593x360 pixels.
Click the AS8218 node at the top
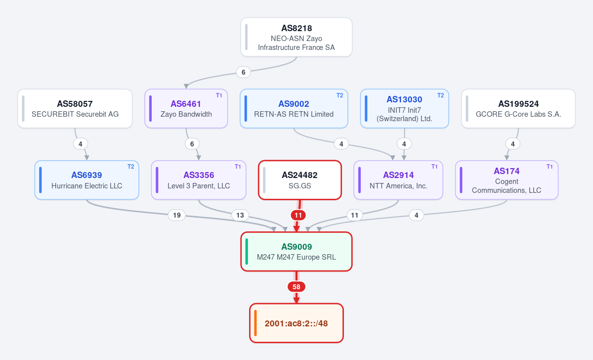[296, 37]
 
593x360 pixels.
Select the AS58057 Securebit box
[75, 109]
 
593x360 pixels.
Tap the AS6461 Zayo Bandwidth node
[186, 109]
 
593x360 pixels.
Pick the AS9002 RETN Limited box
[294, 109]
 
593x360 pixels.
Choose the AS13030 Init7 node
[405, 109]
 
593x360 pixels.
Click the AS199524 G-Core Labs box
[518, 109]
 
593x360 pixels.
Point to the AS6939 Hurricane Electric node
[87, 180]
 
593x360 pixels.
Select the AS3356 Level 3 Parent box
[199, 180]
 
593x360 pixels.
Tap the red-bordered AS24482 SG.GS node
[300, 180]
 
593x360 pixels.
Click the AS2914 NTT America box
[398, 180]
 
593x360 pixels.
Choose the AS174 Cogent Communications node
[507, 180]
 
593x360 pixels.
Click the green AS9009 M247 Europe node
[296, 252]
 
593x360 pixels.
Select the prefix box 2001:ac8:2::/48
[296, 323]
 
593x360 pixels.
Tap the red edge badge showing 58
[296, 287]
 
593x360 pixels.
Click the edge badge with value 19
[177, 215]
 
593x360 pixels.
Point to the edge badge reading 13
[240, 215]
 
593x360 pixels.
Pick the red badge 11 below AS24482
[298, 215]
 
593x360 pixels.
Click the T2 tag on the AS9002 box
[339, 95]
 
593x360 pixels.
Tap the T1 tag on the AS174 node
[550, 167]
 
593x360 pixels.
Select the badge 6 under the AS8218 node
[243, 72]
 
